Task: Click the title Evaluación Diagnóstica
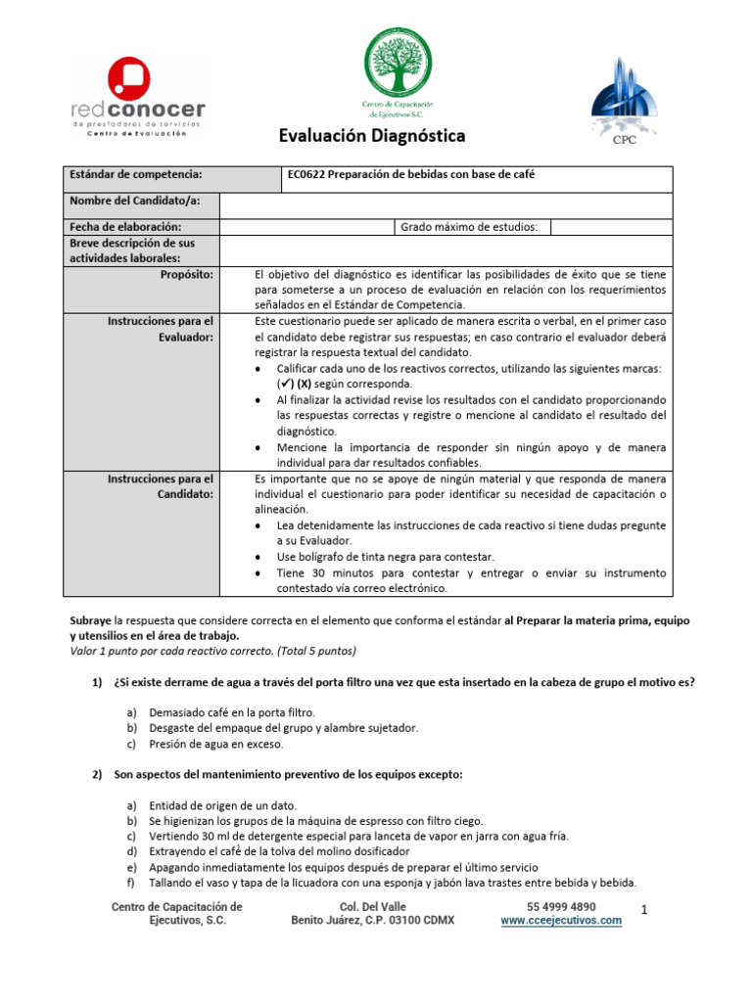pyautogui.click(x=358, y=135)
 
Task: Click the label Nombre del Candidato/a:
pyautogui.click(x=132, y=202)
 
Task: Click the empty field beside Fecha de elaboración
pyautogui.click(x=305, y=227)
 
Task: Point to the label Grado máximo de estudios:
pyautogui.click(x=469, y=227)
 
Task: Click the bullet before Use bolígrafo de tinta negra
pyautogui.click(x=257, y=556)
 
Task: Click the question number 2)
pyautogui.click(x=98, y=774)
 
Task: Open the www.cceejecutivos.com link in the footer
pyautogui.click(x=560, y=922)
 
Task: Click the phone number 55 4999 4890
pyautogui.click(x=561, y=907)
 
